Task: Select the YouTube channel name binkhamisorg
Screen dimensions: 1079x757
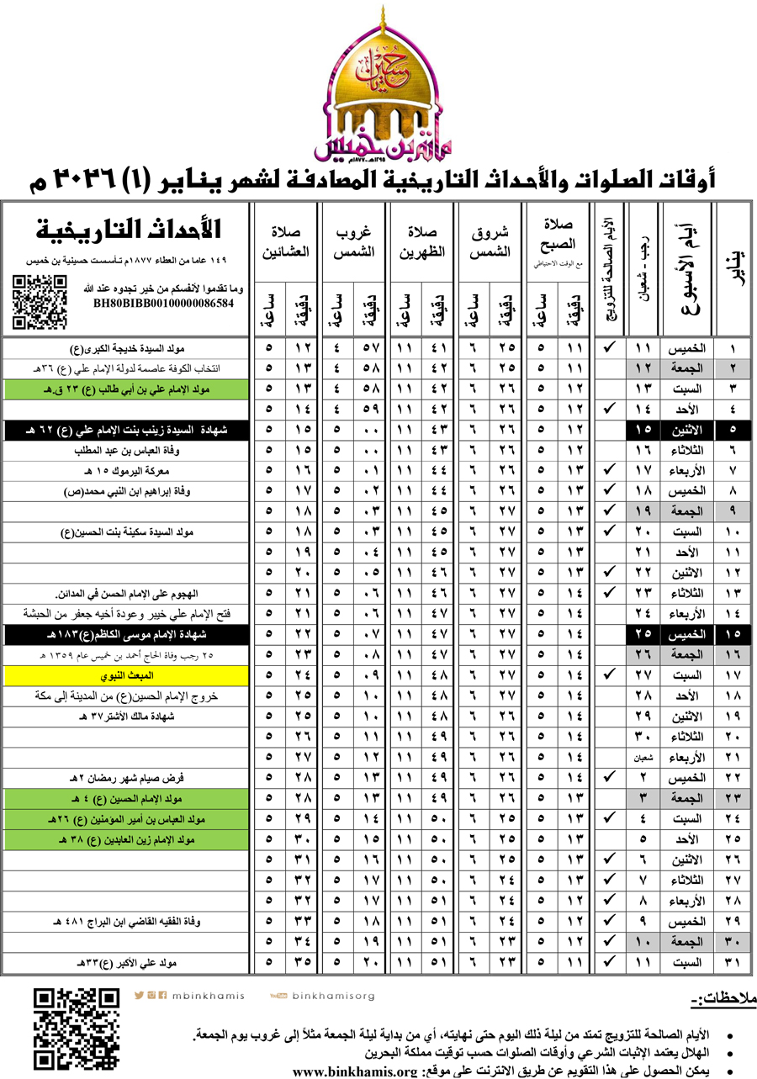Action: [333, 996]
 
